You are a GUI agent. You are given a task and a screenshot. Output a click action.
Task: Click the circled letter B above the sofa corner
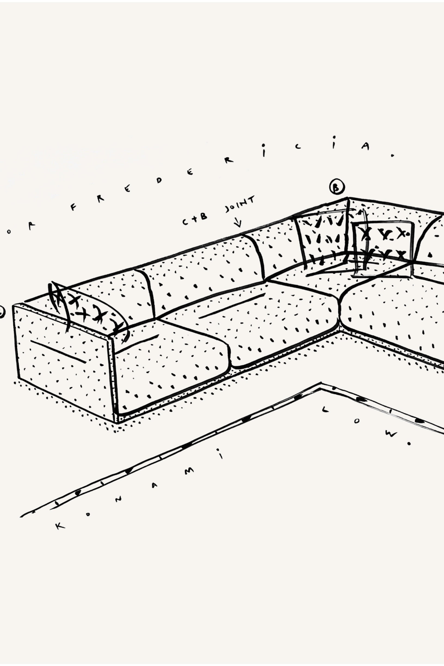click(337, 187)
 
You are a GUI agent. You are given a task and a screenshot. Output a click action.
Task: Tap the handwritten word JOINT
click(240, 204)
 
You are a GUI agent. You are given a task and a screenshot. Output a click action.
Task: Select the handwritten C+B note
click(195, 219)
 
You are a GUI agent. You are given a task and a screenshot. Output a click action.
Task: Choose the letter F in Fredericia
click(73, 208)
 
